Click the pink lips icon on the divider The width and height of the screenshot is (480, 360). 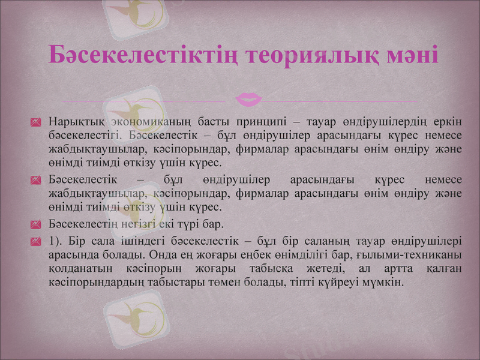click(249, 98)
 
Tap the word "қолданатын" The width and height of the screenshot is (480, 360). click(76, 268)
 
